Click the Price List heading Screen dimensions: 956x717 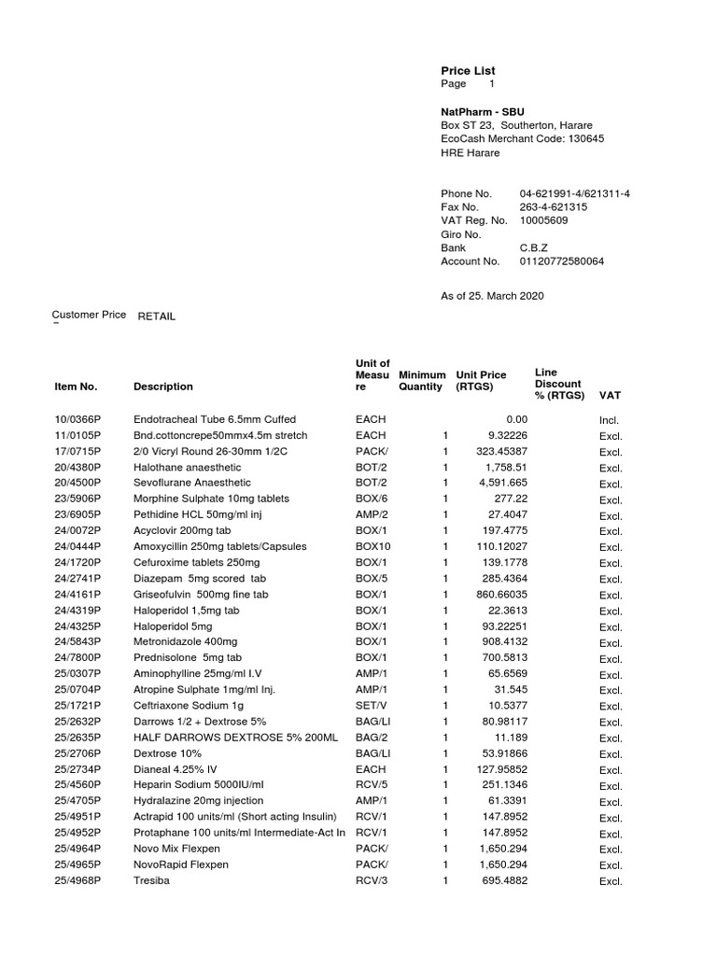[x=468, y=71]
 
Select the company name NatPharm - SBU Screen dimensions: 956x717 [x=483, y=112]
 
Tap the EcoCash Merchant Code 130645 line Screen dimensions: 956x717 [x=522, y=139]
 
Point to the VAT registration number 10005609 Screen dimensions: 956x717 [x=543, y=220]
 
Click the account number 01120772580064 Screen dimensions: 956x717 [x=561, y=261]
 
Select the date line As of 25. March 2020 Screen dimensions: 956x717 [x=492, y=296]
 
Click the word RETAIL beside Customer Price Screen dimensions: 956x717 [x=157, y=316]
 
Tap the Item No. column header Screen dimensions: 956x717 [x=76, y=387]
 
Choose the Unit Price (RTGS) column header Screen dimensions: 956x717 [x=481, y=381]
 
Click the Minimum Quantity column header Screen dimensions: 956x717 [x=421, y=381]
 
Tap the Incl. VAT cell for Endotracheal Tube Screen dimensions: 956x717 [x=610, y=421]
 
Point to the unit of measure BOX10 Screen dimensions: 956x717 [x=373, y=547]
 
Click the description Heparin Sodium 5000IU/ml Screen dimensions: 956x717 [x=199, y=785]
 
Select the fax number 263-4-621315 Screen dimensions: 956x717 [x=554, y=207]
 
